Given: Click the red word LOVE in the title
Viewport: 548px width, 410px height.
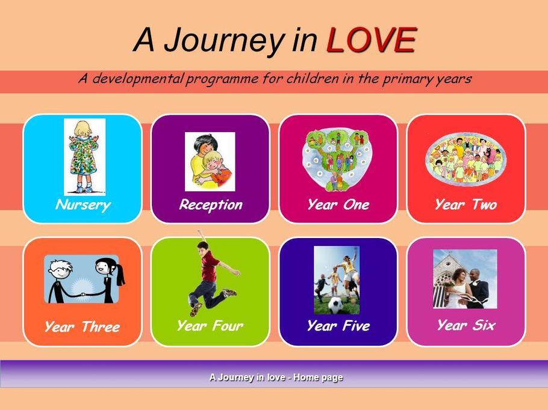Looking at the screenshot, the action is [x=371, y=40].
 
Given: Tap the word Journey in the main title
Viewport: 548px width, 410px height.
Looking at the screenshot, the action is [x=223, y=41].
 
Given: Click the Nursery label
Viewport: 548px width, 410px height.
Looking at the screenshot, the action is [x=83, y=205].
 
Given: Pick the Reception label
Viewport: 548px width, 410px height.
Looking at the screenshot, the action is [x=211, y=205].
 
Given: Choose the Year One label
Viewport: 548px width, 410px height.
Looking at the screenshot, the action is [x=338, y=204].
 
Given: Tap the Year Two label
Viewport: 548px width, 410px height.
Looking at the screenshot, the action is [x=466, y=204].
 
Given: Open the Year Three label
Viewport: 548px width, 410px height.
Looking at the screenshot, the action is [x=82, y=327].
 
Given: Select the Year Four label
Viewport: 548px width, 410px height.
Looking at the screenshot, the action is [x=210, y=326].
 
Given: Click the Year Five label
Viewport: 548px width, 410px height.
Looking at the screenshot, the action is [x=338, y=326].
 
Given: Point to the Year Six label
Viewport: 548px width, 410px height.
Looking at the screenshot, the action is [x=466, y=325].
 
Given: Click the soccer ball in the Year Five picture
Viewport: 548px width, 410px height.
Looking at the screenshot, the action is [x=336, y=305].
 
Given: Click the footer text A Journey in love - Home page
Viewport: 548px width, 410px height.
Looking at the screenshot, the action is [x=276, y=378].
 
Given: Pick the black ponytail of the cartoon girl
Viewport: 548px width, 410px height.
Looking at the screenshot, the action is [x=120, y=274].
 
